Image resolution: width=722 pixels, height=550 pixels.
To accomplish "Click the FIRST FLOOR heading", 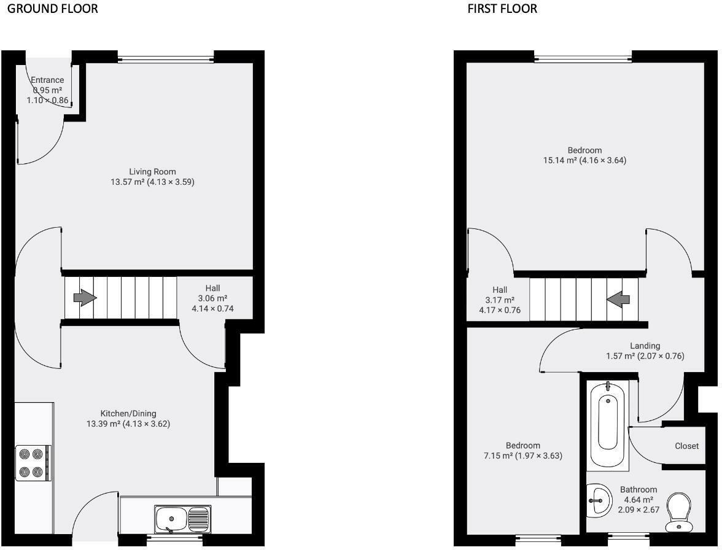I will (502, 9).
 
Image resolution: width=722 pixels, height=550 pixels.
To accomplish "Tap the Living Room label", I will (152, 171).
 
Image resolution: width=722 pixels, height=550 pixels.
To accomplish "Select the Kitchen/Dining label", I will (133, 413).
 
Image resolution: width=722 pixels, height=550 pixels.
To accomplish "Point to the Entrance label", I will (47, 80).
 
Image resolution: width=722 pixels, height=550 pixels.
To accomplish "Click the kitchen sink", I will (182, 519).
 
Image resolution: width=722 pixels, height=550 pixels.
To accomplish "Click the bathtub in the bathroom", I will (608, 424).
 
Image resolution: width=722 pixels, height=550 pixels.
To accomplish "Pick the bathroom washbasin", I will (597, 501).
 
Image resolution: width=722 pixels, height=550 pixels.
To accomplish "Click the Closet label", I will (686, 446).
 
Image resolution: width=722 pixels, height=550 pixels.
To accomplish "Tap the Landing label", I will (645, 346).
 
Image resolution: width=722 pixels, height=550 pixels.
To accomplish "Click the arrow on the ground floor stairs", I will (85, 298).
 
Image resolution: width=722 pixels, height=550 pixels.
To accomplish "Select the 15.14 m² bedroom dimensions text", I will (584, 161).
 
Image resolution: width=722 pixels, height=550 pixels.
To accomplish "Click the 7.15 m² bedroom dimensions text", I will (523, 456).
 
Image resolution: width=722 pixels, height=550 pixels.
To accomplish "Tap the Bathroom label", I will (639, 490).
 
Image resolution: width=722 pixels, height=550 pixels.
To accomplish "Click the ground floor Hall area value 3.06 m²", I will (212, 298).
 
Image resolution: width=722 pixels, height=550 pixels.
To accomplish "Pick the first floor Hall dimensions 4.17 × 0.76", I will (500, 311).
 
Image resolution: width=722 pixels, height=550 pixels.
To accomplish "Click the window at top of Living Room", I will (166, 59).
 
